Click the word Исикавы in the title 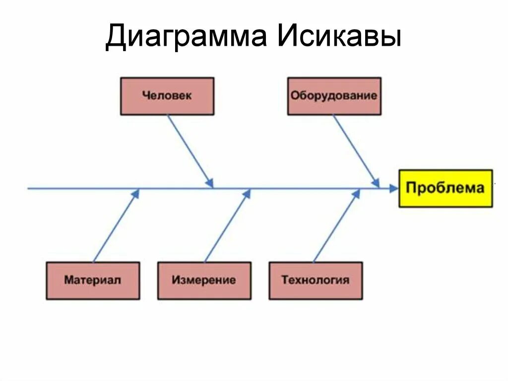pos(339,37)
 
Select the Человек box pos(167,96)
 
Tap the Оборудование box pos(334,96)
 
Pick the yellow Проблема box pos(445,188)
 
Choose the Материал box pos(93,280)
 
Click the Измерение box pos(204,280)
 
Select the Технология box pos(316,280)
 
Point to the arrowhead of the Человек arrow pos(210,182)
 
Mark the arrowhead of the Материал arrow pos(136,193)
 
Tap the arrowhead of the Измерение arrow pos(247,193)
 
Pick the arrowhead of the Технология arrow pos(357,193)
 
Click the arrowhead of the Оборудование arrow pos(377,182)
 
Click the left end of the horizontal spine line pos(29,188)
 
